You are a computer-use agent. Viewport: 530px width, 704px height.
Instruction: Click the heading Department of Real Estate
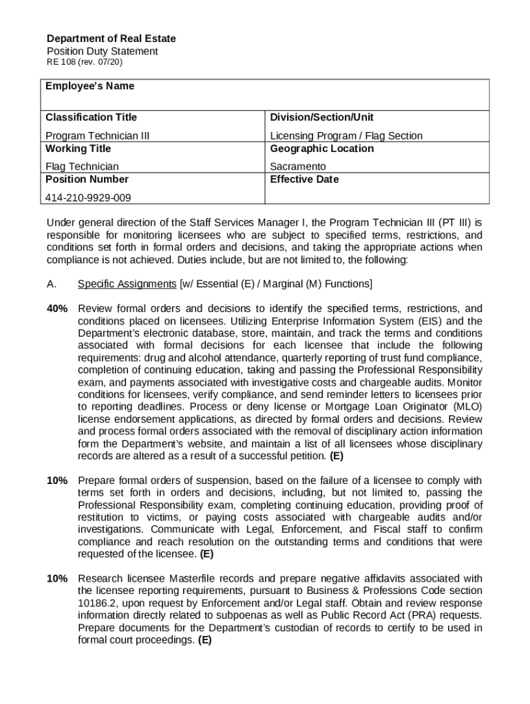(x=111, y=38)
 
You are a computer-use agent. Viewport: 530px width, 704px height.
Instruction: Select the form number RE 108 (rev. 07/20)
(x=85, y=63)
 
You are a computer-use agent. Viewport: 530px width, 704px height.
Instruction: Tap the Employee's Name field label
(x=89, y=86)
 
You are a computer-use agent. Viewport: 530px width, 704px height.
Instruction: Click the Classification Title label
(x=91, y=117)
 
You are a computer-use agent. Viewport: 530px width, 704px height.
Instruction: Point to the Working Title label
(x=78, y=148)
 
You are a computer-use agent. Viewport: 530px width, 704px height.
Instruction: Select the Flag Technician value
(x=82, y=166)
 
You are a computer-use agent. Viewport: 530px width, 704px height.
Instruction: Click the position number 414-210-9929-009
(x=88, y=197)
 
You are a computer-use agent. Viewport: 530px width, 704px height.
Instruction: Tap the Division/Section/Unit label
(x=321, y=117)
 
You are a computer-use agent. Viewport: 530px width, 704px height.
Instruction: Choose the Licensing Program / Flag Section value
(x=346, y=135)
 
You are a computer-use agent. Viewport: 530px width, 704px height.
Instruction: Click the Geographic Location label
(x=321, y=148)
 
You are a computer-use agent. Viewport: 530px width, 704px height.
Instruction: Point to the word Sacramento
(x=297, y=166)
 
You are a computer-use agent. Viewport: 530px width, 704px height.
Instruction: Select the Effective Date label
(x=304, y=179)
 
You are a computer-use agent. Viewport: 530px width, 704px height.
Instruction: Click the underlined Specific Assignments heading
(x=127, y=284)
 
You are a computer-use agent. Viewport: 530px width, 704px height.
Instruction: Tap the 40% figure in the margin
(x=57, y=309)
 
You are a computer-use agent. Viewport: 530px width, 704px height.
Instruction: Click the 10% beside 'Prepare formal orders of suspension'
(x=57, y=481)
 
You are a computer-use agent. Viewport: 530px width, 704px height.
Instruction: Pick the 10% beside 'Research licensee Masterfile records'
(x=57, y=578)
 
